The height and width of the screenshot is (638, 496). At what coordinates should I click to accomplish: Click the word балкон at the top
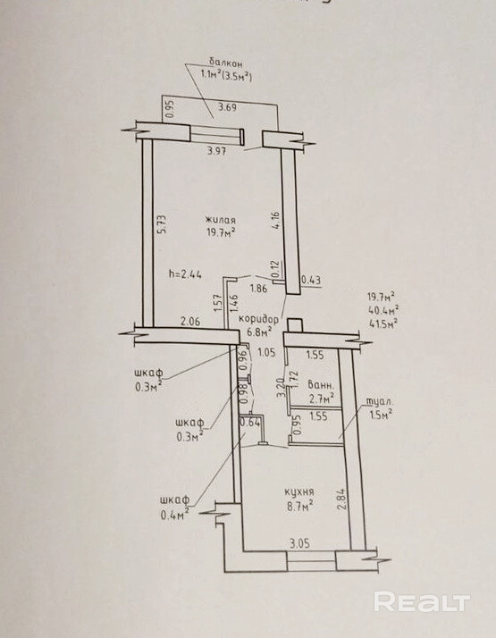coord(226,63)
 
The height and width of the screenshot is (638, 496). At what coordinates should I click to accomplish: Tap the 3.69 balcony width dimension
coord(228,108)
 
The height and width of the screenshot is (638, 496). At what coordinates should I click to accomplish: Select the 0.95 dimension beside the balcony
coord(171,109)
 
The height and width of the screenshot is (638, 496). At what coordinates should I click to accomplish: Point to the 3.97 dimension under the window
coord(216,151)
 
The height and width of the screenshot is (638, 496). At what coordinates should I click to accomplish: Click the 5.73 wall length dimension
coord(162,223)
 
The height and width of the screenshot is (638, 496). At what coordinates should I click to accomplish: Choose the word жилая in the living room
coord(221,221)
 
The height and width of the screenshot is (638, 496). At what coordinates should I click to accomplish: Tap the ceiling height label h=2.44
coord(186,274)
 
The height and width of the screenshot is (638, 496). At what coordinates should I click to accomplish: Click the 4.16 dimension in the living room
coord(277,220)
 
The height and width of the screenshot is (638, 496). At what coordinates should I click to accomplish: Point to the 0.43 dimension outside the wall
coord(311,281)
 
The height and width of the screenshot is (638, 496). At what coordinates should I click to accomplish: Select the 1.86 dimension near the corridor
coord(259,290)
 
